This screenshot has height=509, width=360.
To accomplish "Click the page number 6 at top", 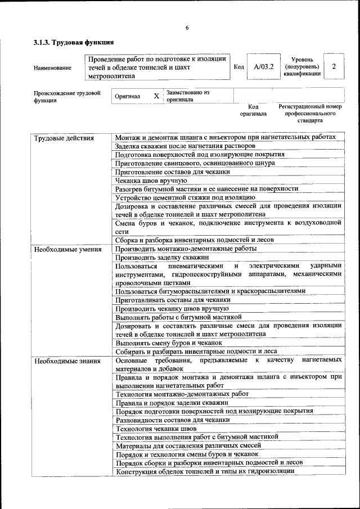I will tap(187, 28).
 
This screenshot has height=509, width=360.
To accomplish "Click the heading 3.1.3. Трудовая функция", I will tap(74, 42).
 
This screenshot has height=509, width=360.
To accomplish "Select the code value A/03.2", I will tap(263, 67).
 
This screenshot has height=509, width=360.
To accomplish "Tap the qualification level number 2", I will tap(334, 67).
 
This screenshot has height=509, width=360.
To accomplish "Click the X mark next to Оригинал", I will tap(156, 96).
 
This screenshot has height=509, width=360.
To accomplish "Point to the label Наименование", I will tap(52, 67).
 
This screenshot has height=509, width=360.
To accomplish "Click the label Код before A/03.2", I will tap(238, 67).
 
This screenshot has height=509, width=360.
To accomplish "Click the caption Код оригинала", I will tap(253, 110).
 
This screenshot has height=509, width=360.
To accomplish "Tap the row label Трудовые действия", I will tap(64, 138).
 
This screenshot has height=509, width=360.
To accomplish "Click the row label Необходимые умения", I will tap(67, 249).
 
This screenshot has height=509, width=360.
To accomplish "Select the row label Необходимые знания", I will tap(66, 361).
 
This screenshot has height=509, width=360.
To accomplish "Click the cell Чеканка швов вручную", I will tap(151, 181).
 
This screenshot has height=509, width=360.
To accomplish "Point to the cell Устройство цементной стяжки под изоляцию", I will tap(186, 197).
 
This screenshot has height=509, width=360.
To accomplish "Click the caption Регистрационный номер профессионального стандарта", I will tap(310, 113).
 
